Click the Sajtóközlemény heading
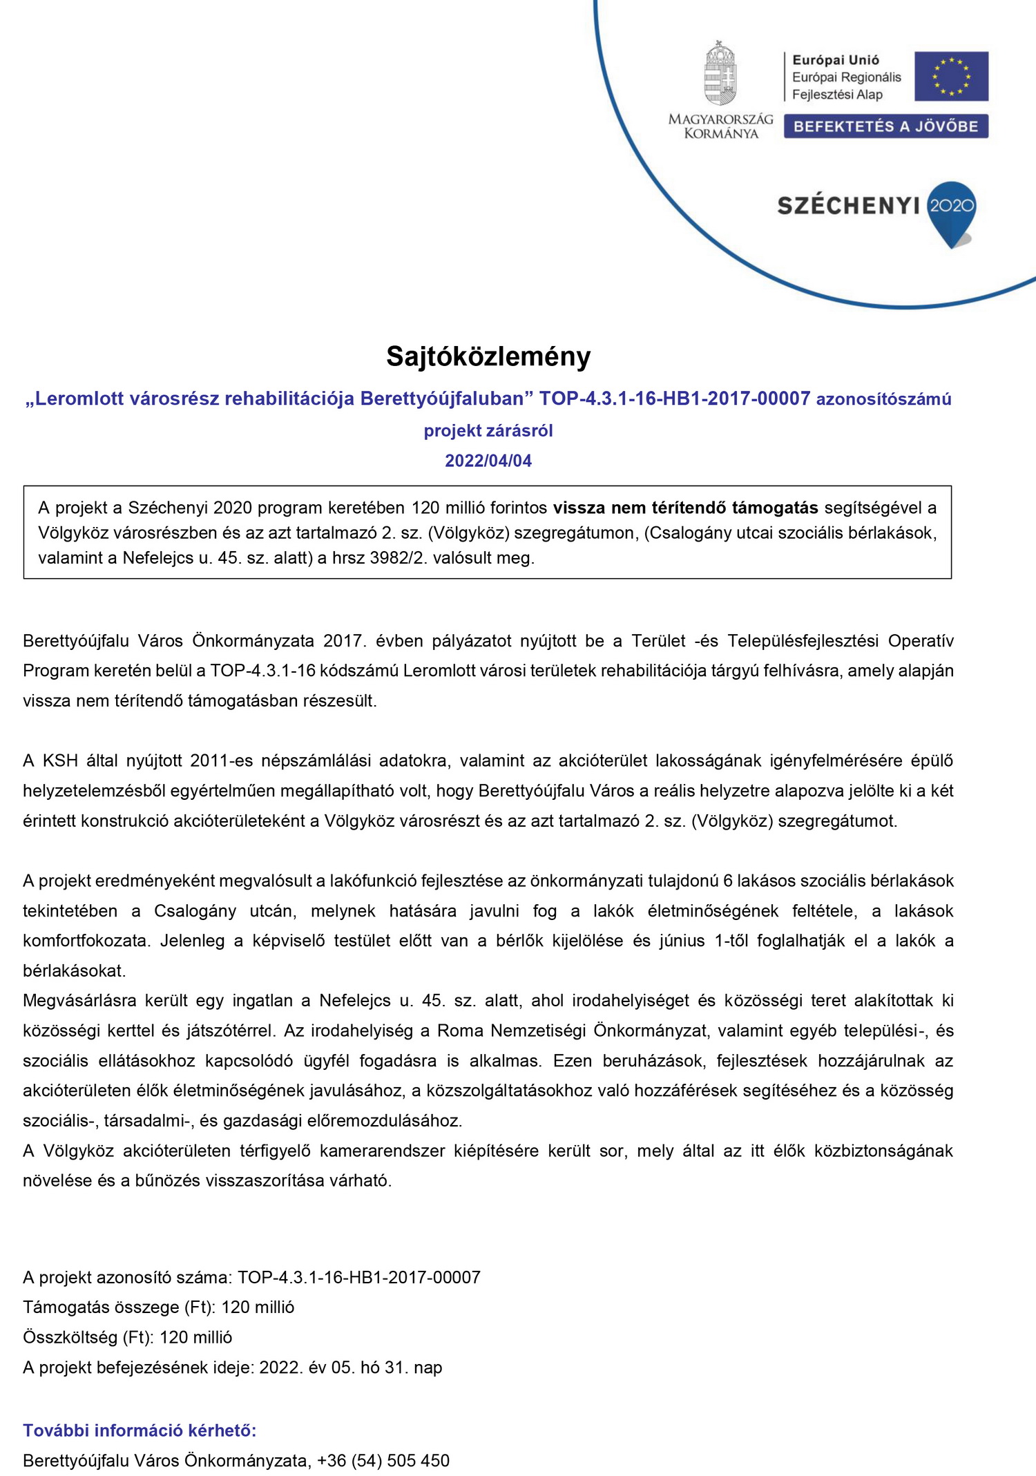pos(488,356)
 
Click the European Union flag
pos(951,76)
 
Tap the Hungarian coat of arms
pos(720,73)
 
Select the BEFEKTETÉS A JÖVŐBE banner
pos(885,126)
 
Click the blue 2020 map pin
pos(951,210)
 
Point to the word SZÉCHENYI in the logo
pos(848,206)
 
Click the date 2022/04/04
pos(488,461)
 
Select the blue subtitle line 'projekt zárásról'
pos(488,430)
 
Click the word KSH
pos(60,760)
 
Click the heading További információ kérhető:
pos(140,1430)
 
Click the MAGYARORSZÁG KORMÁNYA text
pos(720,126)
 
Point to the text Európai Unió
pos(835,60)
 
